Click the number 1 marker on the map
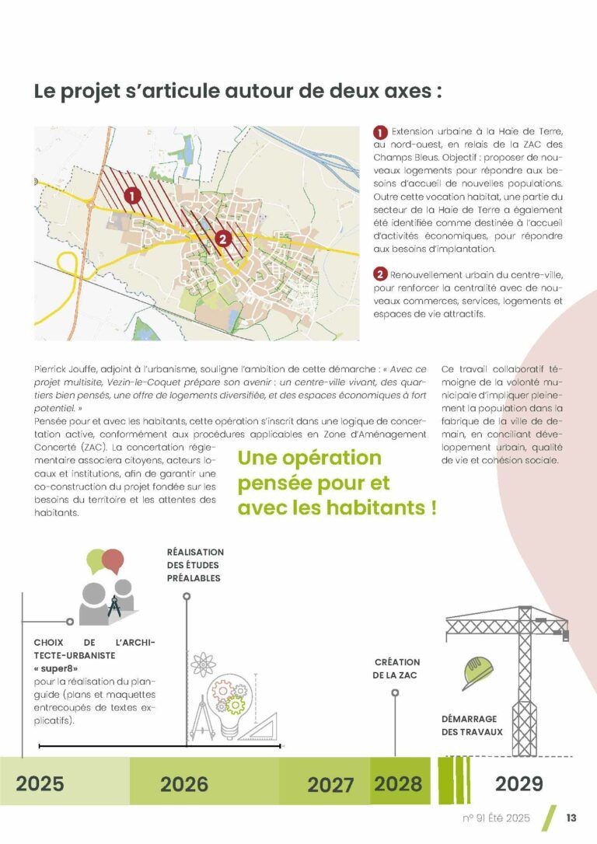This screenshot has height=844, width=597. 132,195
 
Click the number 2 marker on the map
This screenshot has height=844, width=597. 223,239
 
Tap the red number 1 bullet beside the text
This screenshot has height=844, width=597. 380,132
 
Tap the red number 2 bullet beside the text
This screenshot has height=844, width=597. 380,274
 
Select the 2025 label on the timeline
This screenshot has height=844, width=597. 40,783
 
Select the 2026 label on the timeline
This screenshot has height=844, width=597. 184,783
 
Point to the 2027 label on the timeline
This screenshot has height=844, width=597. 330,784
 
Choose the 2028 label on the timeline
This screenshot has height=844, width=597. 398,783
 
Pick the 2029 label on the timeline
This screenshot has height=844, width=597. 518,783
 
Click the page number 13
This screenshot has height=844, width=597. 571,818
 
